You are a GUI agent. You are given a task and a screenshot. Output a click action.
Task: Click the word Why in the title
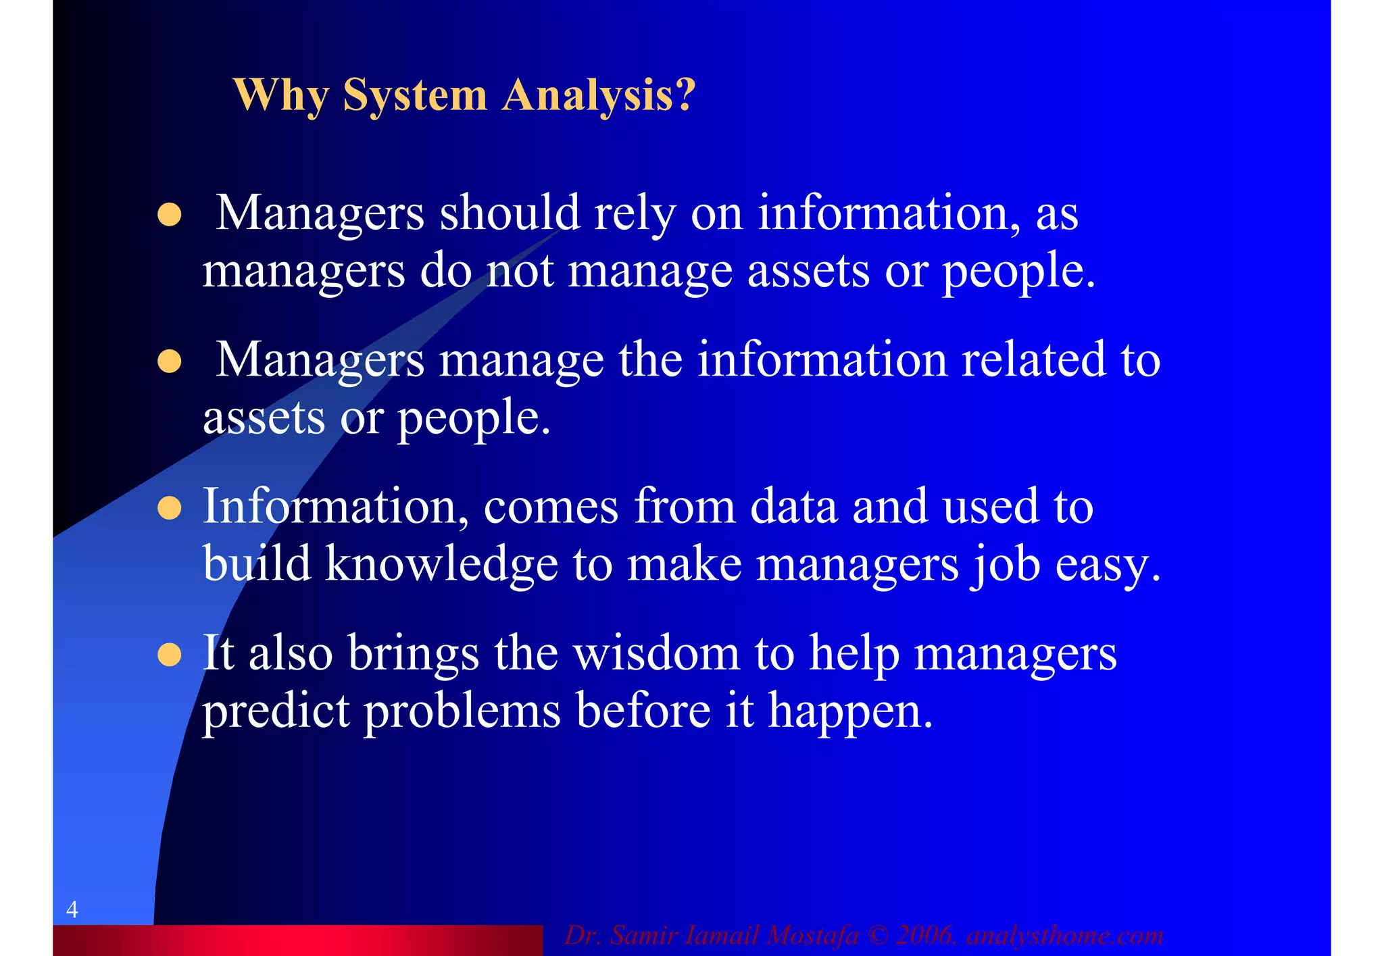point(280,95)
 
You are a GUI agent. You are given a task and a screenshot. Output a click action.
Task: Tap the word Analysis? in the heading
point(598,95)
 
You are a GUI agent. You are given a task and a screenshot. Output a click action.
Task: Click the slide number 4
point(72,909)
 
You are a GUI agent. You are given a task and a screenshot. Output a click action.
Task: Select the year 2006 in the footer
point(924,936)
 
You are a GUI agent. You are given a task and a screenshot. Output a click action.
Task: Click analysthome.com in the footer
point(1065,936)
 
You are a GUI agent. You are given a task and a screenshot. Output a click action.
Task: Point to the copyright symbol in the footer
point(878,936)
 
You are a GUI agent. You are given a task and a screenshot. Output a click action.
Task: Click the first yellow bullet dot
point(169,215)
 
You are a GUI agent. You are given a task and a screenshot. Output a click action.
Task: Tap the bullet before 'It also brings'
point(169,655)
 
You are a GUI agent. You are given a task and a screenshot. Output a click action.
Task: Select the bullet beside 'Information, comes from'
point(169,508)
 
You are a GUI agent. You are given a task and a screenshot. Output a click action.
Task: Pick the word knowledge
point(441,563)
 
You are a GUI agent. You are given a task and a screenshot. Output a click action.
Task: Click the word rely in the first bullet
point(634,213)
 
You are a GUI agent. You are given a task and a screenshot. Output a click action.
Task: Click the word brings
point(414,655)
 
